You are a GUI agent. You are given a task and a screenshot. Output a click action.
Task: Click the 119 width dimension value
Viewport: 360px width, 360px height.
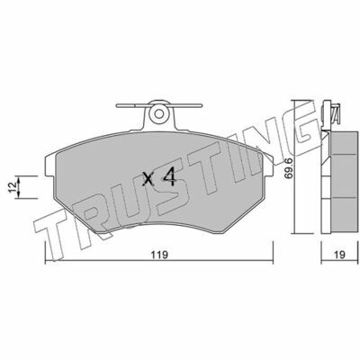158,255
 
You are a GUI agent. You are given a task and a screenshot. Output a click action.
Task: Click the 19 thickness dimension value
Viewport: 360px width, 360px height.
340,255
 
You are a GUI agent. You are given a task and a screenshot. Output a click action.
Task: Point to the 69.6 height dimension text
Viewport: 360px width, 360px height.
288,169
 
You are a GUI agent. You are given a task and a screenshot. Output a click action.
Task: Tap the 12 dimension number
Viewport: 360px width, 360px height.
12,187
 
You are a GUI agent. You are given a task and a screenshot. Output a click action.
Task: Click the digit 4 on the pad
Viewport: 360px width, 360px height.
169,176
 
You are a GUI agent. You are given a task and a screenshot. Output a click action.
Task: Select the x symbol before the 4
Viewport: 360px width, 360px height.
148,179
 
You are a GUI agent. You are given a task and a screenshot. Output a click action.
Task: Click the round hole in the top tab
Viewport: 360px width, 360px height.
159,113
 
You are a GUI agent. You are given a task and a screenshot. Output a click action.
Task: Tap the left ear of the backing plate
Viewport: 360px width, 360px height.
50,166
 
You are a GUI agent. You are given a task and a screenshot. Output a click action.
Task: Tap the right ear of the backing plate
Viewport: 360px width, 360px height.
268,165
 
